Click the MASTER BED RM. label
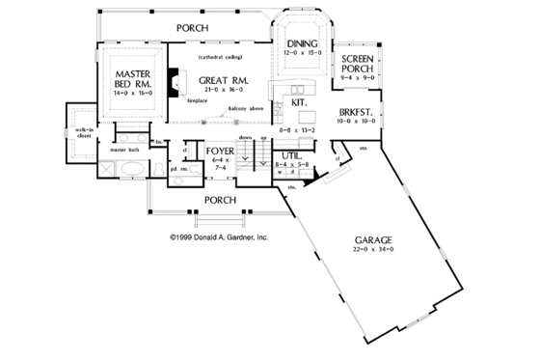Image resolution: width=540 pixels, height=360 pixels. (x=129, y=79)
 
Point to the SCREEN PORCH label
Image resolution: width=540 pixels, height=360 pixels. (x=358, y=65)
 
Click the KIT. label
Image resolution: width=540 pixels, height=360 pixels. (x=299, y=102)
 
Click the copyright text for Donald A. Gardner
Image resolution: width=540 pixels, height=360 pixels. (x=219, y=234)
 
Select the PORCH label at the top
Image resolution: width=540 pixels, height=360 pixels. (x=192, y=28)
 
